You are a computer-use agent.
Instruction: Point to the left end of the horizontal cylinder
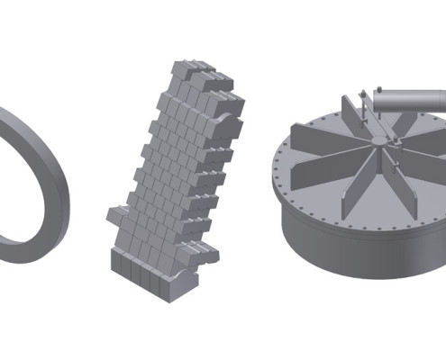point(374,103)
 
